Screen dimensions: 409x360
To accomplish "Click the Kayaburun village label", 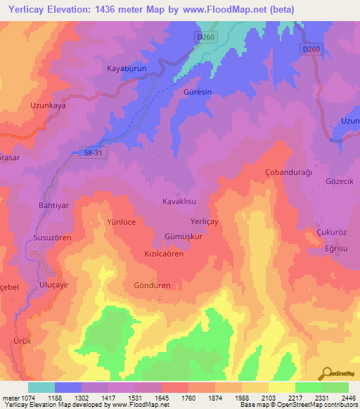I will (125, 69).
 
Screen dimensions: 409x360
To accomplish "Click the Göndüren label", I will (153, 286).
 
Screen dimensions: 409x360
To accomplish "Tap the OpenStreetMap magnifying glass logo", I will (326, 372).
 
